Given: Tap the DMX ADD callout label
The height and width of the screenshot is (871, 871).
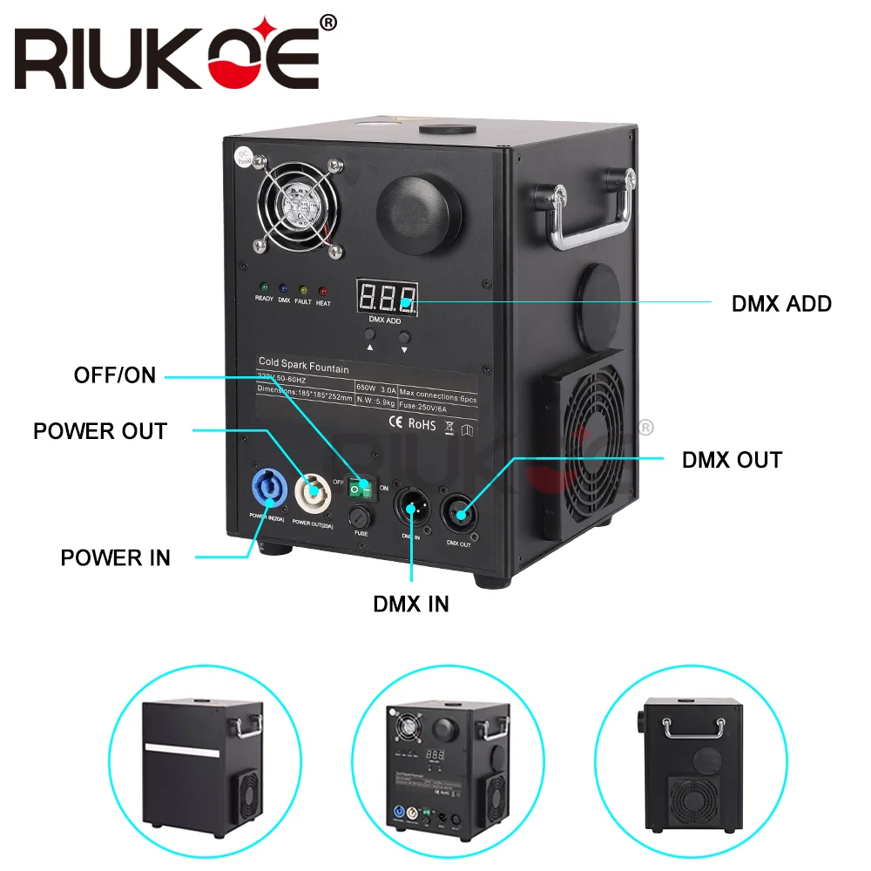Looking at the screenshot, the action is click(781, 304).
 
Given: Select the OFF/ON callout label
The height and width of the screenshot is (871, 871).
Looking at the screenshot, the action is click(115, 375).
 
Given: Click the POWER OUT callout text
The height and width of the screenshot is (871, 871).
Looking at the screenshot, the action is click(100, 431).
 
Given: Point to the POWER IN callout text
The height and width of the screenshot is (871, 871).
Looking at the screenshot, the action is click(115, 557).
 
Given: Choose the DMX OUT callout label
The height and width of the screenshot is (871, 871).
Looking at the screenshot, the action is click(732, 460).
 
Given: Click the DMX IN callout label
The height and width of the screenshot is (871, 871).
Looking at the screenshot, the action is click(411, 604).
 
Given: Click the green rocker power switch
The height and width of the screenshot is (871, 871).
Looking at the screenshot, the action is click(359, 489).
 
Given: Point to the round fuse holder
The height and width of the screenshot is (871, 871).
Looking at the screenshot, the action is click(361, 520).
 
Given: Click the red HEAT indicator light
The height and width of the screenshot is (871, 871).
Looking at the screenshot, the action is click(323, 291).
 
